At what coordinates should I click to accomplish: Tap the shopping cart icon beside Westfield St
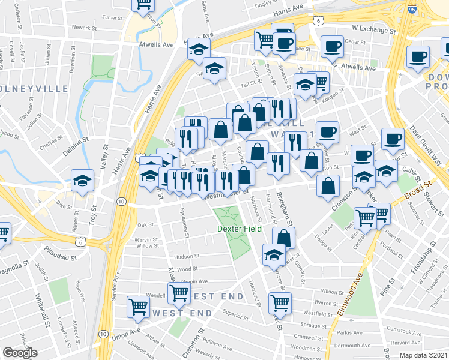pos(279,302)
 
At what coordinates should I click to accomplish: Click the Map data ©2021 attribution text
pos(423,355)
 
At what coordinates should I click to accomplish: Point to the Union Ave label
pos(125,333)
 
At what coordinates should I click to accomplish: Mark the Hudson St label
pos(187,256)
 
